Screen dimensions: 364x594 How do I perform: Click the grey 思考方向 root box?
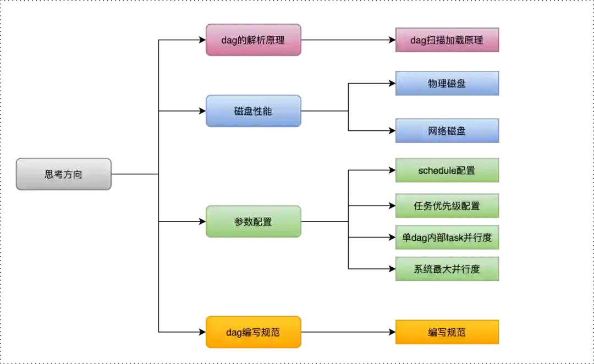[x=63, y=175]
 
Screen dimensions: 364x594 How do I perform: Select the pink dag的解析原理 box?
[x=253, y=40]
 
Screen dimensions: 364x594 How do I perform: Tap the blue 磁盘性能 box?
[x=253, y=111]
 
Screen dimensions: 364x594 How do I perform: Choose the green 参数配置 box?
[x=253, y=222]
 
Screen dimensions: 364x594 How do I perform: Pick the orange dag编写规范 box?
[x=253, y=332]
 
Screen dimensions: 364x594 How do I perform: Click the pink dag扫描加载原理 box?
[x=446, y=40]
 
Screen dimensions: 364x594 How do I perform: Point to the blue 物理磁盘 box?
[x=446, y=84]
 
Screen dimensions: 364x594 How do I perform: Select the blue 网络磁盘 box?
[x=446, y=131]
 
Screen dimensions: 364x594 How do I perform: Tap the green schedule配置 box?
[x=446, y=170]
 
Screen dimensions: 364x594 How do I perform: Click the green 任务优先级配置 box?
[x=446, y=206]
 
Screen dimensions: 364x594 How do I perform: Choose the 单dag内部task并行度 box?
[x=446, y=238]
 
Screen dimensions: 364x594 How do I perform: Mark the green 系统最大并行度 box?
[x=446, y=269]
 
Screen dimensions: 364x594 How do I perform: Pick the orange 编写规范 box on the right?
[x=446, y=332]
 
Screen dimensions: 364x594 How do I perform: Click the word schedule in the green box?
[x=437, y=170]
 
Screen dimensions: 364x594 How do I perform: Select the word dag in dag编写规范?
[x=234, y=333]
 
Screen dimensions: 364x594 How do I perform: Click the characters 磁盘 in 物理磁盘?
[x=456, y=84]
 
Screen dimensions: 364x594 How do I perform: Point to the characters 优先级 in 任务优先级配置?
[x=446, y=206]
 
